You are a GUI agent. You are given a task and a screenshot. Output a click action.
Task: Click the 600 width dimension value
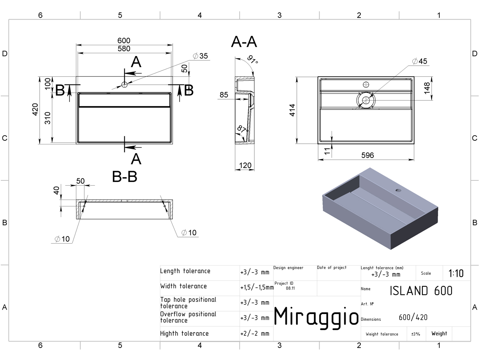[x=124, y=41]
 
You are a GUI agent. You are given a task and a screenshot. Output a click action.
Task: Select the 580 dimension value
[x=124, y=48]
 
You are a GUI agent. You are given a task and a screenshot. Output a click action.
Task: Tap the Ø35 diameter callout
[x=200, y=56]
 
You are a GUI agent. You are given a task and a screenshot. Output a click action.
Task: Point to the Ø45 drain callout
[x=420, y=61]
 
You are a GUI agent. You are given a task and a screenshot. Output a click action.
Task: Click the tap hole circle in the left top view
[x=124, y=84]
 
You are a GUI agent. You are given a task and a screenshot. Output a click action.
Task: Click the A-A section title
[x=244, y=42]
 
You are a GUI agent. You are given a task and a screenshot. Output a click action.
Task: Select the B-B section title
[x=125, y=177]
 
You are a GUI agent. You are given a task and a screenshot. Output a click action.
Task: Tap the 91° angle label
[x=253, y=59]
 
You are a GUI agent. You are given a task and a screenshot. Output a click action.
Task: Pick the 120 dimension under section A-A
[x=245, y=165]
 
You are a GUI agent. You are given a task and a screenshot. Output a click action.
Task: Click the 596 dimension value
[x=368, y=155]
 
